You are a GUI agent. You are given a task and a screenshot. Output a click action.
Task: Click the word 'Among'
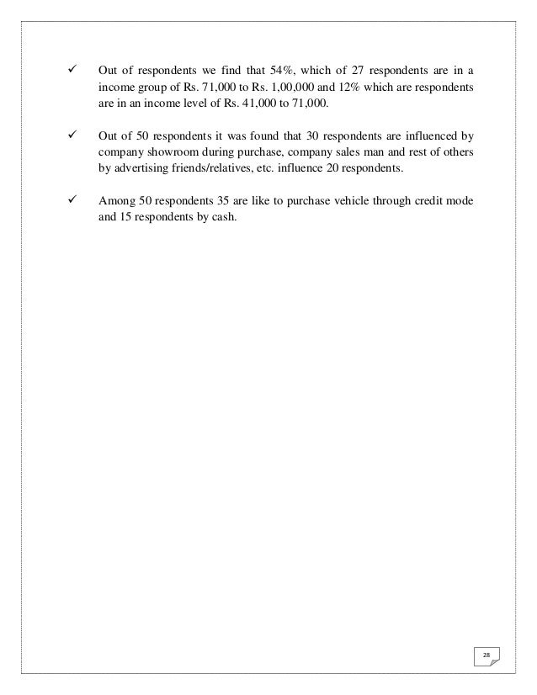(116, 202)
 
